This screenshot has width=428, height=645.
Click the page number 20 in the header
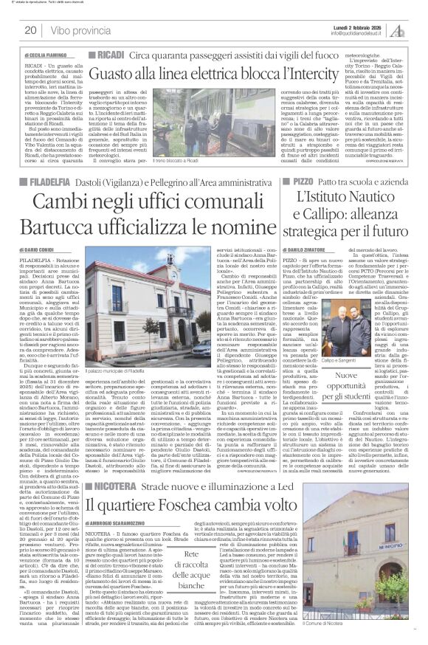coord(31,30)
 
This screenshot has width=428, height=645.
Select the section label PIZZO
coord(300,181)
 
